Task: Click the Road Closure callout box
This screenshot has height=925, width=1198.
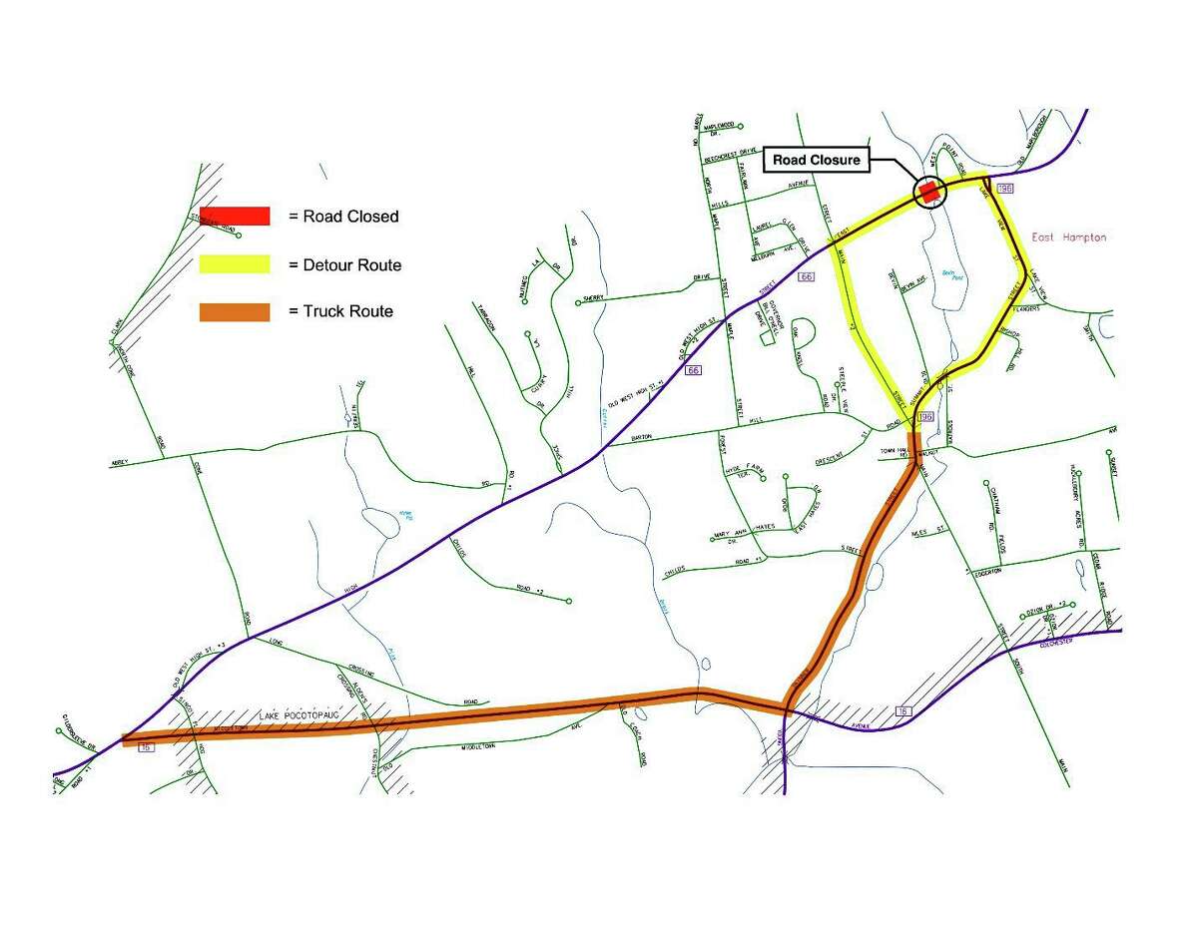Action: click(x=816, y=160)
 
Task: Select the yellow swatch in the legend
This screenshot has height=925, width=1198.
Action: click(x=235, y=264)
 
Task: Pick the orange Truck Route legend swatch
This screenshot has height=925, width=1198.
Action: click(x=235, y=312)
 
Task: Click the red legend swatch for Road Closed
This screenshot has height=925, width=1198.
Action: click(x=235, y=216)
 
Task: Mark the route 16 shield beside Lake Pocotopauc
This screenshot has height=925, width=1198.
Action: click(x=147, y=747)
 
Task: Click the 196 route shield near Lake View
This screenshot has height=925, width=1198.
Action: click(x=1004, y=189)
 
